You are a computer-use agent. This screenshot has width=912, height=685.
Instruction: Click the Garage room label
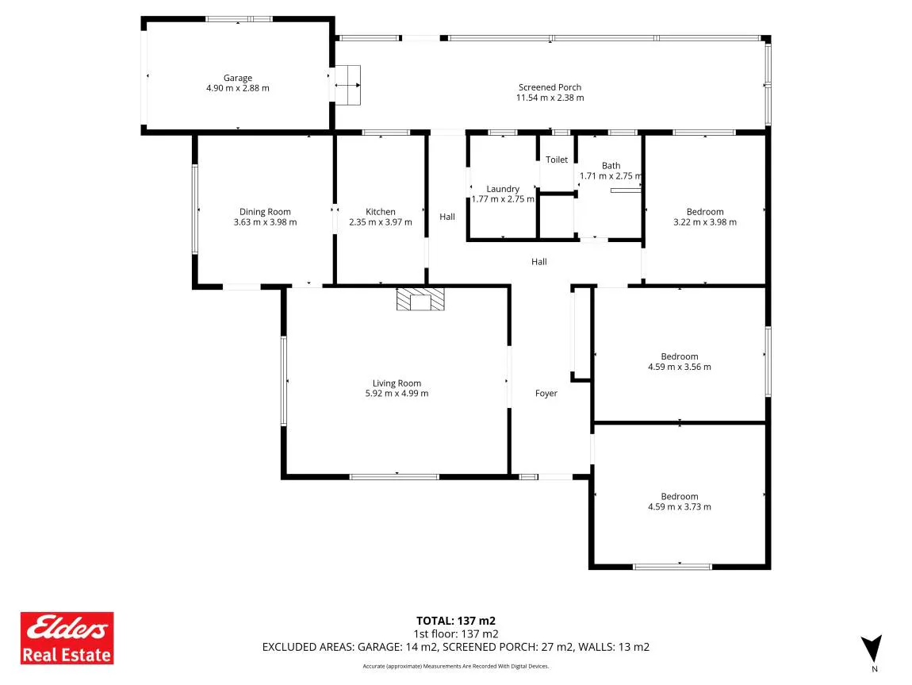click(238, 78)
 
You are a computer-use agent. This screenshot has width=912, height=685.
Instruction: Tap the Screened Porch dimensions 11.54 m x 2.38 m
click(550, 98)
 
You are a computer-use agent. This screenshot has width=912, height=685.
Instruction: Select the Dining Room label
click(265, 212)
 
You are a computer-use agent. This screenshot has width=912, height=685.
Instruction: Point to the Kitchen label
click(381, 212)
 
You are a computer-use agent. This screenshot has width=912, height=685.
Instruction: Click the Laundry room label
click(503, 189)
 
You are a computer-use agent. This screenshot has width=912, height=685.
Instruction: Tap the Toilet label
click(557, 160)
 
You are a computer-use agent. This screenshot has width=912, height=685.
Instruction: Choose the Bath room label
click(611, 166)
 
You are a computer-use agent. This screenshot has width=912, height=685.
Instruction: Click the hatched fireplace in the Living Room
click(420, 298)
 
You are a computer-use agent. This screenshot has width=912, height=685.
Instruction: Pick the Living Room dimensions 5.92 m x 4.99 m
click(397, 394)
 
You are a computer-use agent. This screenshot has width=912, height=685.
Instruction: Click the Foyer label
click(546, 394)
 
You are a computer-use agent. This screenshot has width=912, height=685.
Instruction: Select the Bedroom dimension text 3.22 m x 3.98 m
click(705, 222)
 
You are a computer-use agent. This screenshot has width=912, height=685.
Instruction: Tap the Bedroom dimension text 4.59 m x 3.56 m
click(680, 368)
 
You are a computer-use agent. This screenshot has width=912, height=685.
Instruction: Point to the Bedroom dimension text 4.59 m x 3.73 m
click(680, 507)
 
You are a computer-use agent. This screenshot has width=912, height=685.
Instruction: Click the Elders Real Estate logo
click(67, 638)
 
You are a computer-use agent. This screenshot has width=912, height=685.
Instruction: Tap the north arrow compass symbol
click(872, 649)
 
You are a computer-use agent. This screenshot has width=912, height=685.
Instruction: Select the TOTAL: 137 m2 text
click(456, 621)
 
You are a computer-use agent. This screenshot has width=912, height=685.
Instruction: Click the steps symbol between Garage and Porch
click(347, 86)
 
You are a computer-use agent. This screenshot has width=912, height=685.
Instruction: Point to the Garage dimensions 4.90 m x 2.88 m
click(238, 88)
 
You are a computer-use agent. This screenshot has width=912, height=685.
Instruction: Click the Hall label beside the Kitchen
click(447, 217)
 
